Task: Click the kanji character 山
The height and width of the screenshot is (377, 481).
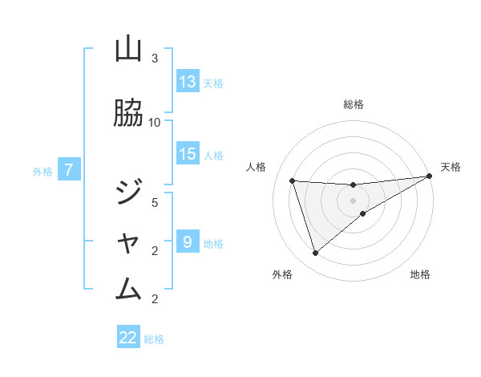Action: pos(128,50)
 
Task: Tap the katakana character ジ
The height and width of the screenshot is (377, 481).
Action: pos(128,193)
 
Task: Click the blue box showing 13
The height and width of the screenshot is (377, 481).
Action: pos(188,82)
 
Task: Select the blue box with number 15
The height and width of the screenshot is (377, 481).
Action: pos(188,154)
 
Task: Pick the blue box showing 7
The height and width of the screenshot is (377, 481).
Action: pos(70,170)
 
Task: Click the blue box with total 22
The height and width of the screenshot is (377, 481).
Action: pos(128,338)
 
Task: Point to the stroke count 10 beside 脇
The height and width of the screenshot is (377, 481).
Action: pos(155,122)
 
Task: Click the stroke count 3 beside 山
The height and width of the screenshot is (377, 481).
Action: pos(155,59)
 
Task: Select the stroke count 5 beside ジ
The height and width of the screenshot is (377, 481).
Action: pos(155,202)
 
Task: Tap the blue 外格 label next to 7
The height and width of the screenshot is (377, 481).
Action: pos(42,171)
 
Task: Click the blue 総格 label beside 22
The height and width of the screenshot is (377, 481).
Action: pos(154,338)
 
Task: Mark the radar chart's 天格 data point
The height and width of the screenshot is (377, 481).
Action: pos(429,176)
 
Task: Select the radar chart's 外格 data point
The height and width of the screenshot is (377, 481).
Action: pos(315,253)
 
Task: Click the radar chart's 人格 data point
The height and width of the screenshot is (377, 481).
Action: pos(293,180)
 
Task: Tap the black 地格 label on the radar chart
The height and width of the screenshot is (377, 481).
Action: pos(420,275)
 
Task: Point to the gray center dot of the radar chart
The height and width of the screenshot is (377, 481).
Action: pos(354,200)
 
